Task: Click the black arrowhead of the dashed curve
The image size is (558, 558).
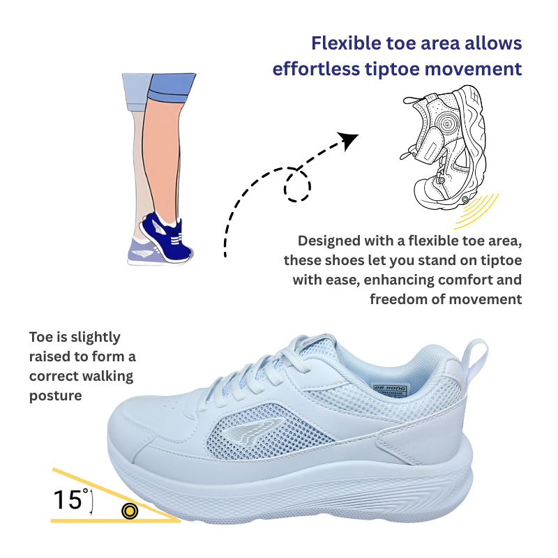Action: click(349, 139)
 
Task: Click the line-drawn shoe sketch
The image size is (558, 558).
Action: click(443, 146)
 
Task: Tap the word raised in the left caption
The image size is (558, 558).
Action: click(50, 357)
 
